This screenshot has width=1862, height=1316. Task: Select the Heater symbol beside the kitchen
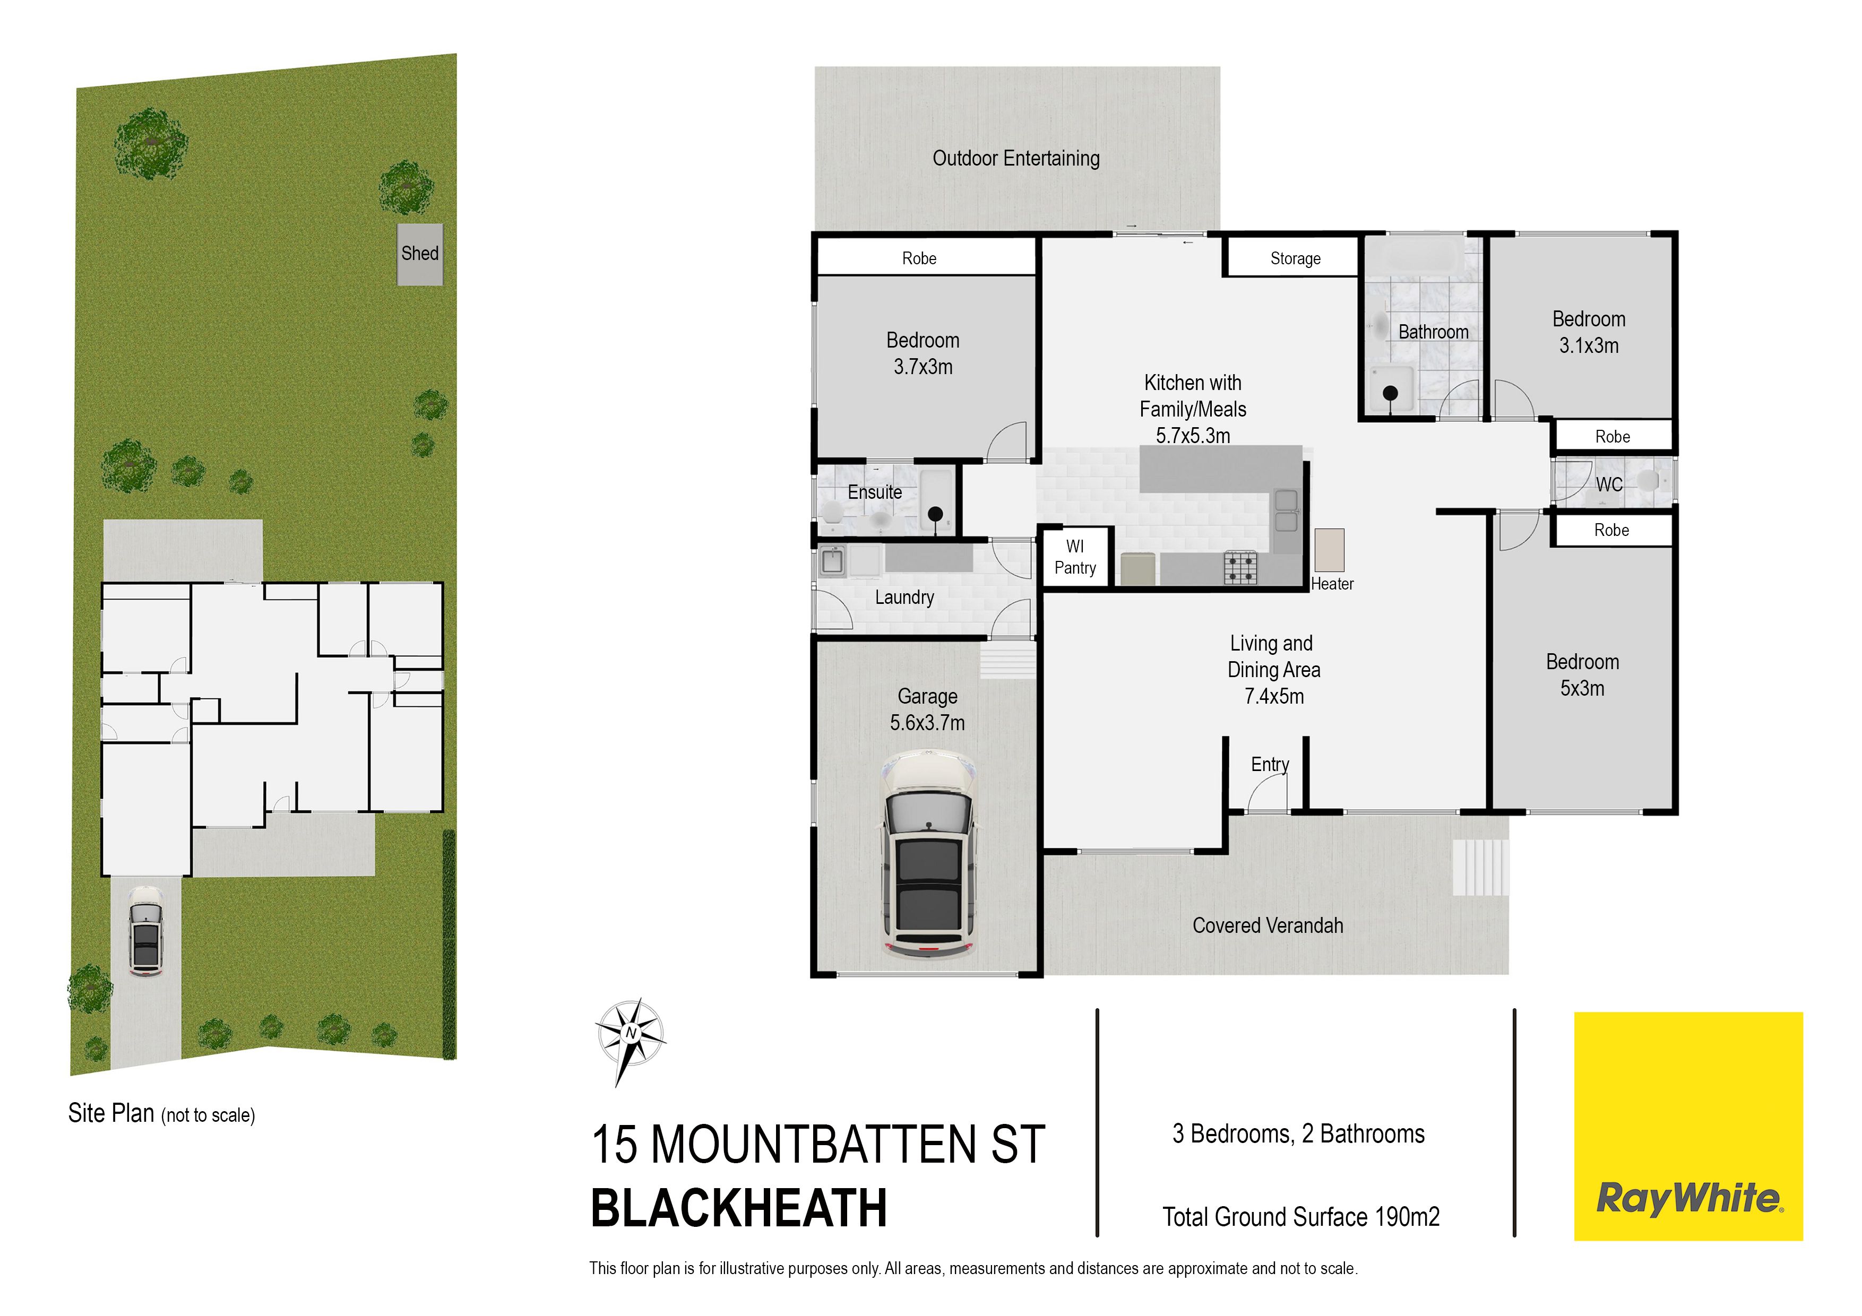1329,551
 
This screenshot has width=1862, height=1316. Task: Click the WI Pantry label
1075,557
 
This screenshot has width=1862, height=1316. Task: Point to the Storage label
1295,258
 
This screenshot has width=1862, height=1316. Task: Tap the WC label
1610,485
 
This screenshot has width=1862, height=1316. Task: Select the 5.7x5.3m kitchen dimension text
1193,436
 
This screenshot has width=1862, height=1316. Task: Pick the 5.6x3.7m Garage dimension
928,722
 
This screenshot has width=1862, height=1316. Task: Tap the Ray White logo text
1690,1198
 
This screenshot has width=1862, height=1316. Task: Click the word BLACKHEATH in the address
739,1208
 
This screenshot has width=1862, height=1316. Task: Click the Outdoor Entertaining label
1016,158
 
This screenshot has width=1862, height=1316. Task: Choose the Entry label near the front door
1270,765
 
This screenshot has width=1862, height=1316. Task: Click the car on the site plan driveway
146,931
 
